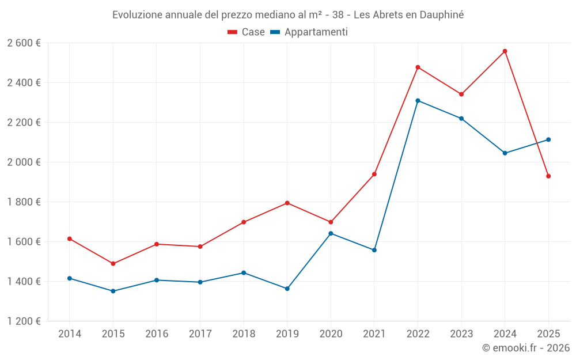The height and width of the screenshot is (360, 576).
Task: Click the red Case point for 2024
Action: coord(505,51)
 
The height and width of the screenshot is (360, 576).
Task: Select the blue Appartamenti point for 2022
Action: coord(418,101)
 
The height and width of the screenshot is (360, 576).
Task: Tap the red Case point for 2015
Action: coord(113,264)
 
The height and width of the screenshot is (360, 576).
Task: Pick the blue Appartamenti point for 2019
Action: coord(287,289)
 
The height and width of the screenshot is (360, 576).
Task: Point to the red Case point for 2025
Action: coord(548,176)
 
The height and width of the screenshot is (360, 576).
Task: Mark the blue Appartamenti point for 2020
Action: coord(331,233)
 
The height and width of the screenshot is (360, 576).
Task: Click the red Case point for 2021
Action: coord(374,174)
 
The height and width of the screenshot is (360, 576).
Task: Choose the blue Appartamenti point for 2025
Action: coord(548,139)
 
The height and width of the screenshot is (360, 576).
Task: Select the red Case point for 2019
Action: coord(287,203)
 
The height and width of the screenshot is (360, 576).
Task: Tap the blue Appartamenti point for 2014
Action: coord(70,278)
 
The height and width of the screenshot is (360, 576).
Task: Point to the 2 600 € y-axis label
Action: coord(24,43)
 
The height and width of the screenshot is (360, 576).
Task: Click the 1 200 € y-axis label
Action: coord(24,321)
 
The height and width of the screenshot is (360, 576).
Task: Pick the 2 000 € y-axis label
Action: coord(24,162)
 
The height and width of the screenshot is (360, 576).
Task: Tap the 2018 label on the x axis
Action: coord(244,334)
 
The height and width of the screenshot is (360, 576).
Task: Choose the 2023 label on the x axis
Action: coord(461,334)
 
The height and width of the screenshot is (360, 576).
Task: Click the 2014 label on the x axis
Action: coord(70,334)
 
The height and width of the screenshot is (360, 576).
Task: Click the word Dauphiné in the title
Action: coord(440,15)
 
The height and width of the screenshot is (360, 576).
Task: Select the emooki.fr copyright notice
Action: coord(526,348)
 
